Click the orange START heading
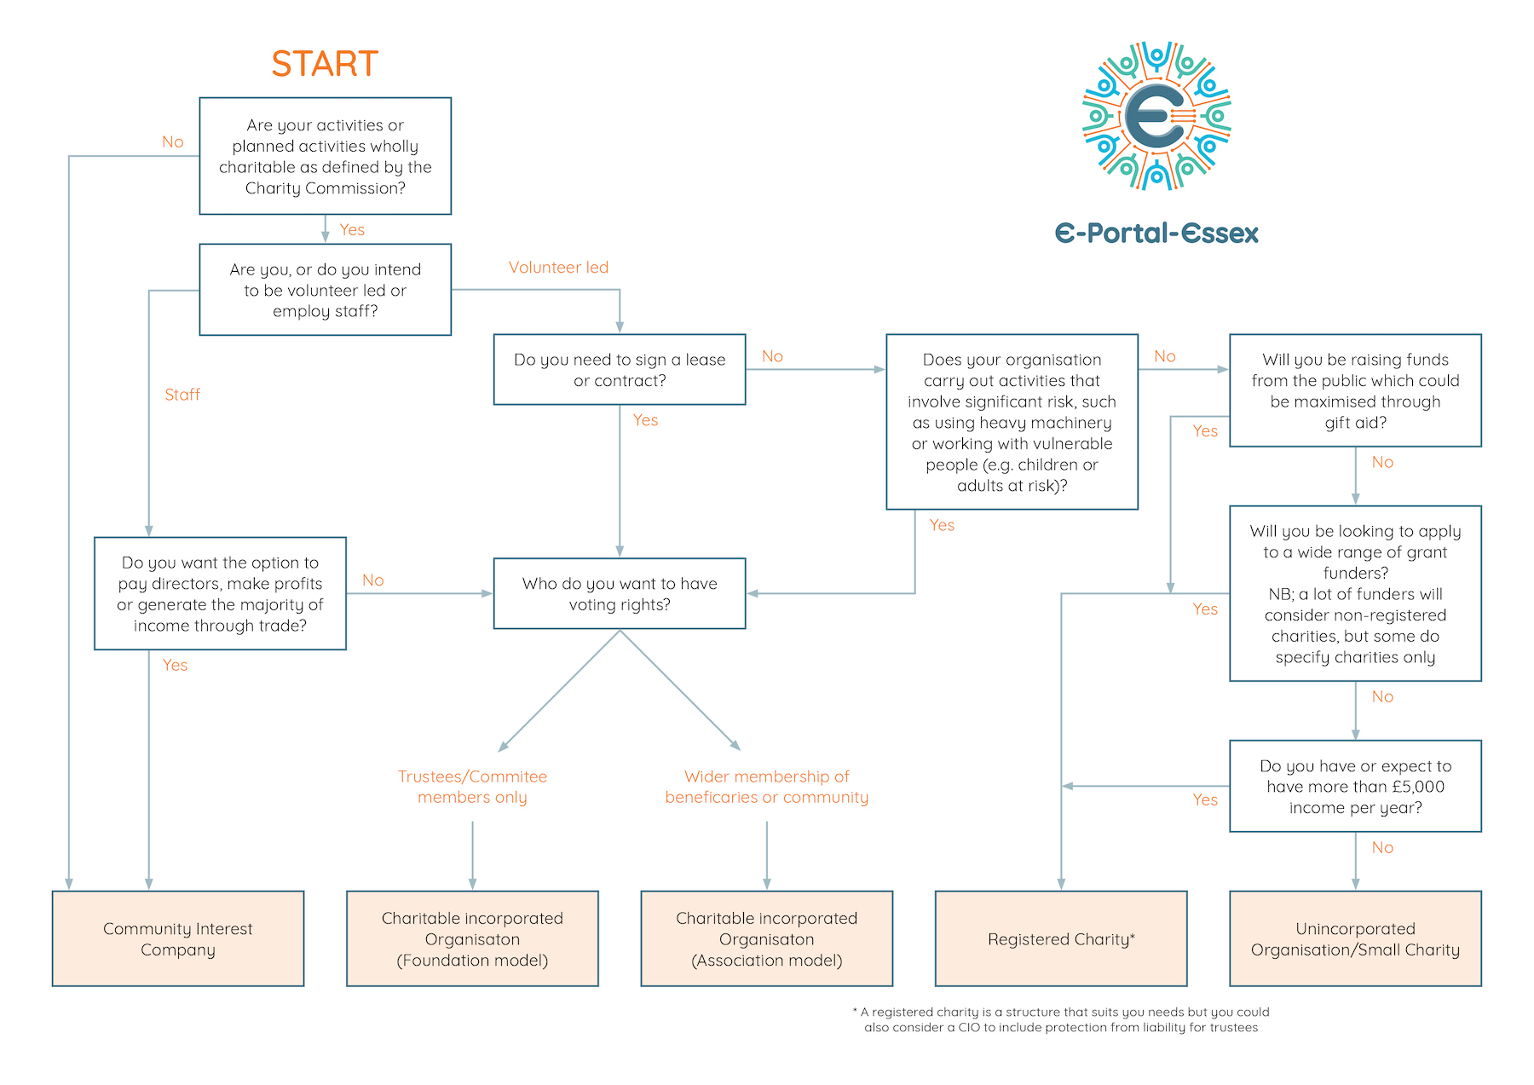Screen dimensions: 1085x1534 (325, 64)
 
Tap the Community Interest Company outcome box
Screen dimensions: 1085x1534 (178, 938)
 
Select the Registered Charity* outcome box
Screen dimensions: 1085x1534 (1060, 938)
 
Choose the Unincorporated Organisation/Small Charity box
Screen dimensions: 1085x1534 (1355, 938)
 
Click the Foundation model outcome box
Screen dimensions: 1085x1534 (472, 938)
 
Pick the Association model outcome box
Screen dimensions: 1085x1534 (766, 938)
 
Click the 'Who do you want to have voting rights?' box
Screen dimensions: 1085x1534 (620, 593)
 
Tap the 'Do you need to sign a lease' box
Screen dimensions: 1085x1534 (620, 369)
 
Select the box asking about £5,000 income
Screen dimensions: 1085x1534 (1355, 786)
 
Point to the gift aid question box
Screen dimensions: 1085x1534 (1355, 390)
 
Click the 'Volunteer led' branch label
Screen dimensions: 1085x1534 (558, 268)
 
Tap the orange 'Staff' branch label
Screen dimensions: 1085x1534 (182, 395)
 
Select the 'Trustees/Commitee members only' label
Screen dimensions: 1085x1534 (472, 787)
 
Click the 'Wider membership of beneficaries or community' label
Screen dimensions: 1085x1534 (766, 787)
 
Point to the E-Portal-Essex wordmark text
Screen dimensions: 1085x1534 (1156, 234)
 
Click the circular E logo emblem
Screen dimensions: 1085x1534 (1156, 116)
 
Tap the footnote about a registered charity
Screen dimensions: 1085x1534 (1061, 1019)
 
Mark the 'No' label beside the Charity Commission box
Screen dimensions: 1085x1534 (173, 142)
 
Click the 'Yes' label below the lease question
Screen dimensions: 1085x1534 (645, 420)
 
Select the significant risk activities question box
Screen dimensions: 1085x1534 (1012, 422)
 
